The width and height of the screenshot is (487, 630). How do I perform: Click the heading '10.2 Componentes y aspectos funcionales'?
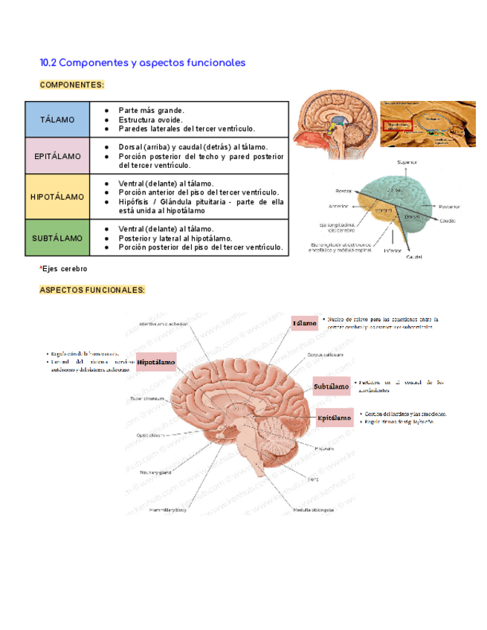tap(142, 63)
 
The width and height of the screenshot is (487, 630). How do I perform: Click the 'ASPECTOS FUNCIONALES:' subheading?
tap(92, 290)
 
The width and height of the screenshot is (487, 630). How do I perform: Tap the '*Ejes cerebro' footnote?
tap(63, 268)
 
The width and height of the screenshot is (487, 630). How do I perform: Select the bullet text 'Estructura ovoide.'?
tap(149, 120)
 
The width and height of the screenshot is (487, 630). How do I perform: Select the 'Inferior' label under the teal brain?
tap(393, 250)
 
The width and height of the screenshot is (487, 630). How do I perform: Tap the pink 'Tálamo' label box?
tap(304, 324)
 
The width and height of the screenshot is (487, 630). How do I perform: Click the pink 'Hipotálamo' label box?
tap(156, 362)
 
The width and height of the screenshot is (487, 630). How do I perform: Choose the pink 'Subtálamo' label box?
tap(332, 386)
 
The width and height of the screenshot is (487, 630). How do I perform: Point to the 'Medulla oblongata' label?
tap(313, 510)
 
